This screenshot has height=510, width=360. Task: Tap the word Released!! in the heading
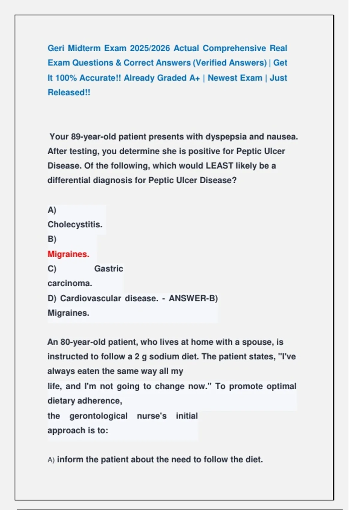[x=69, y=92]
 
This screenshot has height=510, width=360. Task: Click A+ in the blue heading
[x=194, y=78]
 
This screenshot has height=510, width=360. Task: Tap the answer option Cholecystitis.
[x=75, y=224]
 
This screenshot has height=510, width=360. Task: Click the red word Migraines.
[x=68, y=254]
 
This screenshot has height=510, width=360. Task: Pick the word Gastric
[x=109, y=268]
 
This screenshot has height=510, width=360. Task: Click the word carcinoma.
[x=70, y=283]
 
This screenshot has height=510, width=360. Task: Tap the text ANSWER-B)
[x=193, y=298]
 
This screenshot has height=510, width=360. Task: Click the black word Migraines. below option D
[x=68, y=313]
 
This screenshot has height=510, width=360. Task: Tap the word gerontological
[x=98, y=416]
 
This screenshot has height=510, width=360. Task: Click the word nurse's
[x=151, y=416]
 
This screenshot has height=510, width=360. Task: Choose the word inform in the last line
[x=69, y=460]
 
